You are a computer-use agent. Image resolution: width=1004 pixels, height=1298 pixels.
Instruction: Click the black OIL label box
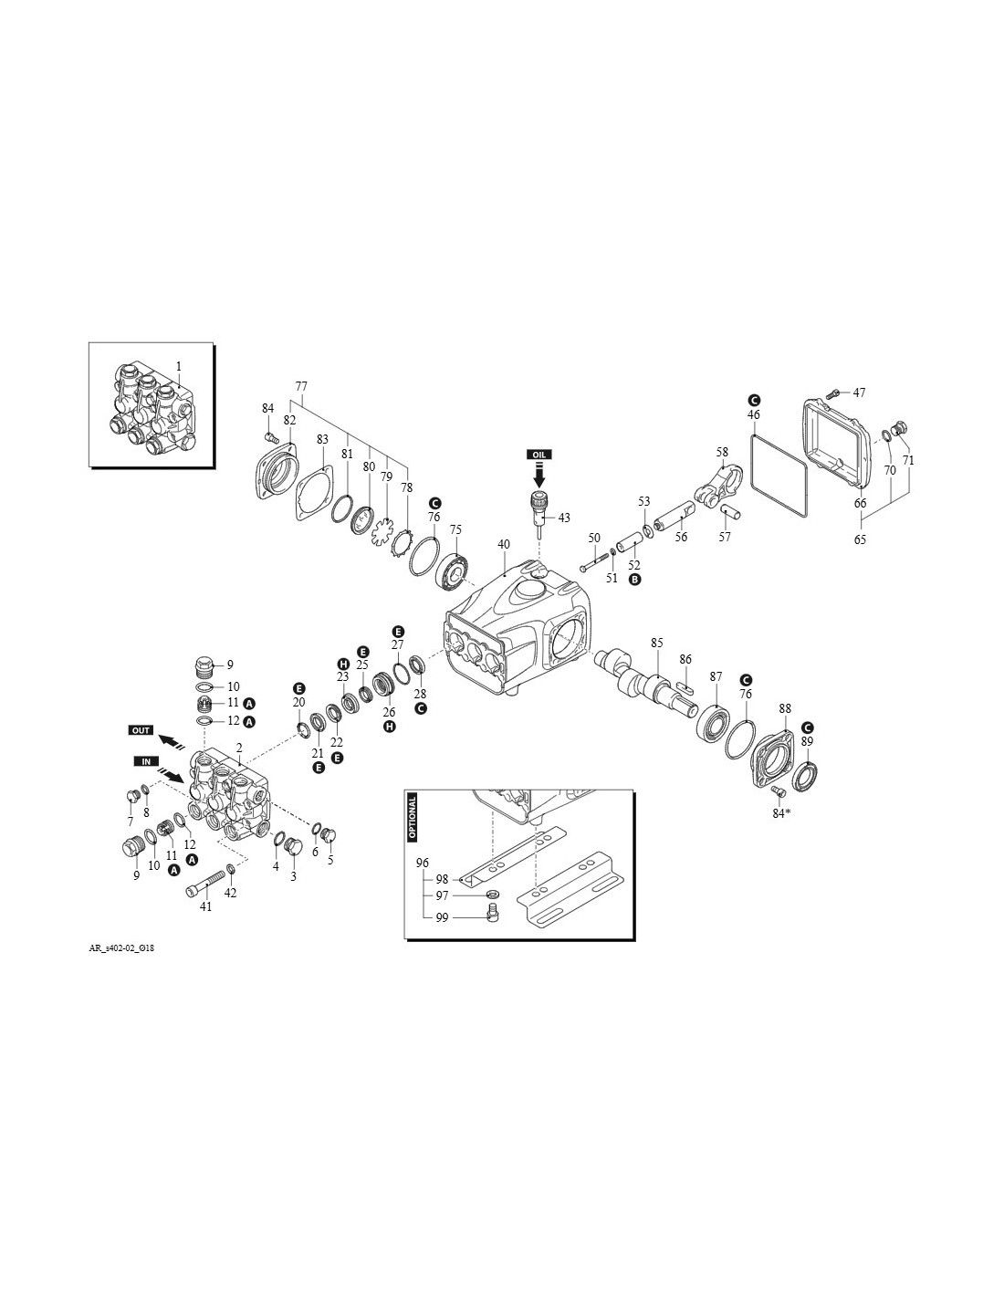pyautogui.click(x=539, y=455)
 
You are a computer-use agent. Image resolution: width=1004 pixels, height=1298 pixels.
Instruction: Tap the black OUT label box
pyautogui.click(x=141, y=730)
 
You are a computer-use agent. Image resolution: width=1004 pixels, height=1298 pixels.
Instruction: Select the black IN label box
pyautogui.click(x=146, y=761)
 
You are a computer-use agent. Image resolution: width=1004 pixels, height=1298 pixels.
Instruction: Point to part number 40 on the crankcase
pyautogui.click(x=504, y=544)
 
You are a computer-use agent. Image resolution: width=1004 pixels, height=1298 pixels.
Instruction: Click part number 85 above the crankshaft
pyautogui.click(x=657, y=643)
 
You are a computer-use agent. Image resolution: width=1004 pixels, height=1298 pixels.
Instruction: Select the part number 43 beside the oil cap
pyautogui.click(x=564, y=518)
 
